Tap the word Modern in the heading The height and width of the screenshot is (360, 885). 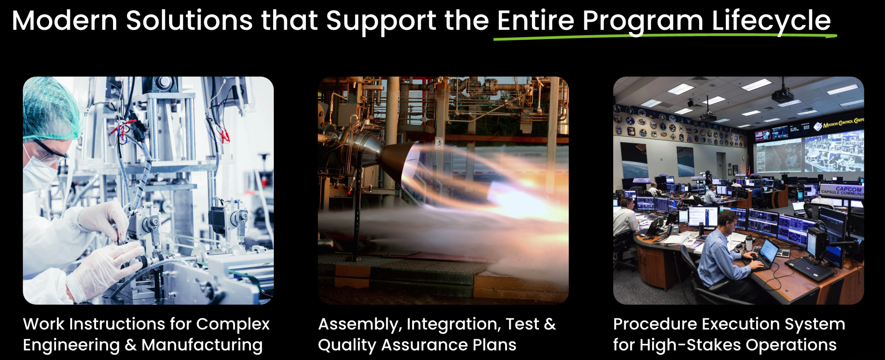(x=65, y=21)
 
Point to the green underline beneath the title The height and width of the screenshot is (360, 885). (x=665, y=37)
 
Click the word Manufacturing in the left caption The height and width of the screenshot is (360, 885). (x=202, y=345)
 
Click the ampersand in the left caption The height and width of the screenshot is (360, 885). (x=130, y=345)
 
